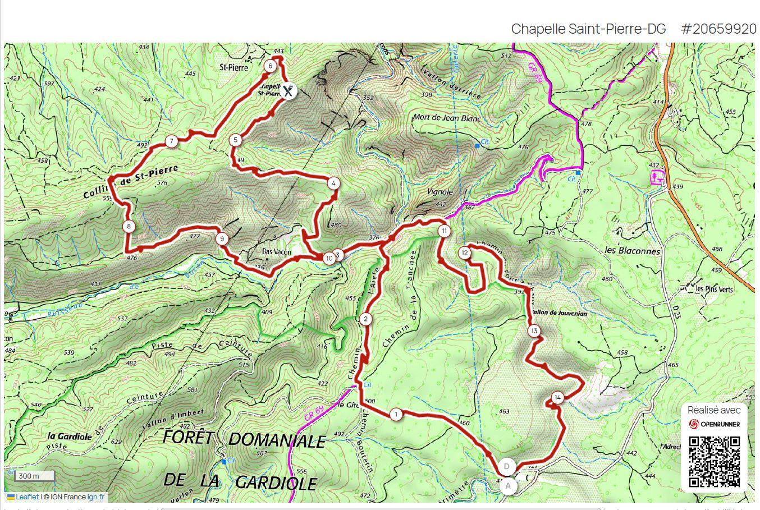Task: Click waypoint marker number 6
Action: pyautogui.click(x=270, y=66)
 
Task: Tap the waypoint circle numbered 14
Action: pyautogui.click(x=557, y=398)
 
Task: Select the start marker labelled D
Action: pyautogui.click(x=507, y=466)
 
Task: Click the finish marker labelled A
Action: pyautogui.click(x=509, y=485)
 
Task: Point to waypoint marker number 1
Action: pyautogui.click(x=396, y=415)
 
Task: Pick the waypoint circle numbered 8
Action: pyautogui.click(x=129, y=227)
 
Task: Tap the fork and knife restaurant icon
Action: pyautogui.click(x=288, y=90)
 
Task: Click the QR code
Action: pyautogui.click(x=714, y=461)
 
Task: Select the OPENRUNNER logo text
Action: pyautogui.click(x=720, y=424)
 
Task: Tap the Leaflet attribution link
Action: pyautogui.click(x=27, y=497)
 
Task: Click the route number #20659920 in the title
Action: pyautogui.click(x=718, y=29)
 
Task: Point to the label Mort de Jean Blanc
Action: pyautogui.click(x=446, y=118)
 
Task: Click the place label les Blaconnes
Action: pyautogui.click(x=633, y=251)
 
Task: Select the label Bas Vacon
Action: pyautogui.click(x=277, y=252)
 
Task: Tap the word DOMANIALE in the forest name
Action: pyautogui.click(x=277, y=440)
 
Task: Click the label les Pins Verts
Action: pyautogui.click(x=714, y=290)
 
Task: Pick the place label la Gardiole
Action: pyautogui.click(x=70, y=437)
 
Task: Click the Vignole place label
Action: pyautogui.click(x=440, y=192)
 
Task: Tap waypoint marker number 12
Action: pyautogui.click(x=464, y=253)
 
